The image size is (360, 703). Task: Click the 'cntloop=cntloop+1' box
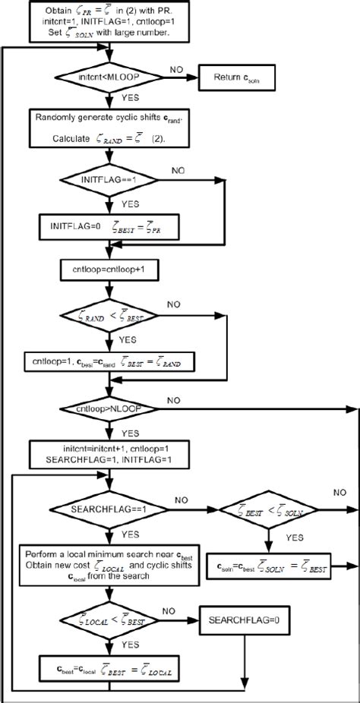tap(111, 268)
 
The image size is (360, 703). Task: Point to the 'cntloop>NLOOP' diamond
tap(111, 409)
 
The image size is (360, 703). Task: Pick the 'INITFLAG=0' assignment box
tap(111, 225)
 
